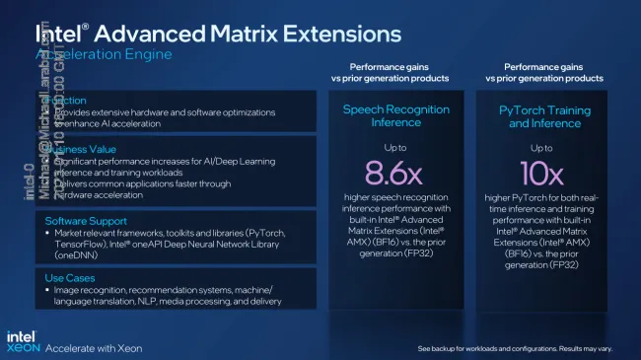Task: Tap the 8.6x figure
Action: [393, 175]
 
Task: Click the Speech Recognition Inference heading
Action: [393, 116]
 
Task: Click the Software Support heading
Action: [88, 220]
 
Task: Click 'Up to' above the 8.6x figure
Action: [393, 146]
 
